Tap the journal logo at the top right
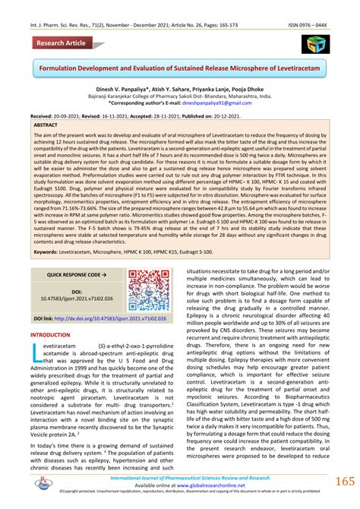[x=315, y=44]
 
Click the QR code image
[x=148, y=291]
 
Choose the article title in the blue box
[x=180, y=69]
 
